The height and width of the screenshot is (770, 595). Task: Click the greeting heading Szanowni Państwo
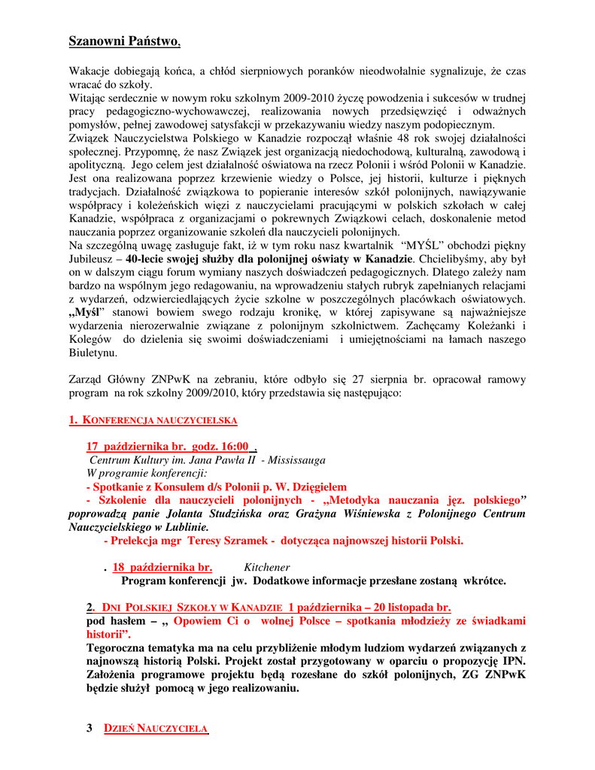tap(124, 41)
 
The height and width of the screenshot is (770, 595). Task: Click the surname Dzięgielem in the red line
tap(314, 487)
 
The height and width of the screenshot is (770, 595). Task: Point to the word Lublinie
tap(185, 527)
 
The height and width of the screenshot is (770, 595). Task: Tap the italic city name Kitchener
tap(267, 568)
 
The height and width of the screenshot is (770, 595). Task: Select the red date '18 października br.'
tap(162, 568)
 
